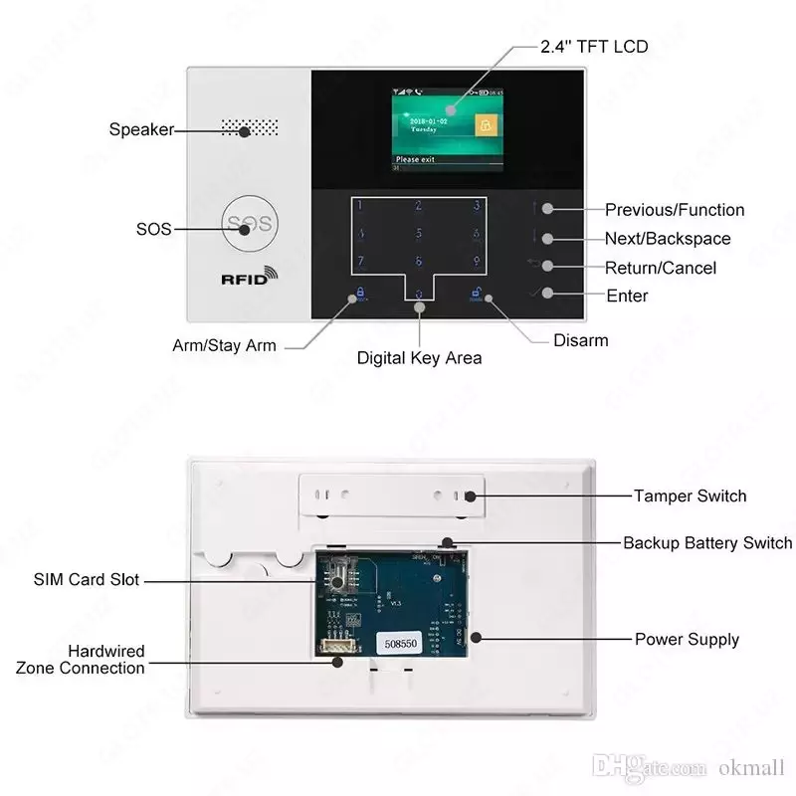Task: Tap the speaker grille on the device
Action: (x=249, y=128)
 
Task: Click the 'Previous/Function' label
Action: (x=674, y=210)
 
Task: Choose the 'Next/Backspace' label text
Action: (x=667, y=239)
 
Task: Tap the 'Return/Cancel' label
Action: (x=660, y=268)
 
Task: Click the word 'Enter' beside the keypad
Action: (x=627, y=296)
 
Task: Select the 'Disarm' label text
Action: (x=580, y=340)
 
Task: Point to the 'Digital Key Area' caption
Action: (x=419, y=358)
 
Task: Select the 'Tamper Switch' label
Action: (x=690, y=496)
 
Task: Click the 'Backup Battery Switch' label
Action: (x=707, y=543)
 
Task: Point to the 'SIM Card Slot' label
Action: (x=87, y=580)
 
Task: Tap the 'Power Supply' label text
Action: (x=687, y=639)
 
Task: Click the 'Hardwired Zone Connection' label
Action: (x=80, y=660)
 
